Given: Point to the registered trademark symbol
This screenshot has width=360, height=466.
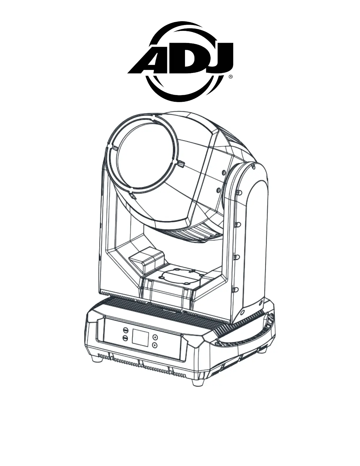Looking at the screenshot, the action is [231, 76].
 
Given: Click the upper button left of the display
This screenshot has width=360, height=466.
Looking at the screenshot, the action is [125, 330].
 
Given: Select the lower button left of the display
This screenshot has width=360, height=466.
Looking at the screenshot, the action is [125, 338].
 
